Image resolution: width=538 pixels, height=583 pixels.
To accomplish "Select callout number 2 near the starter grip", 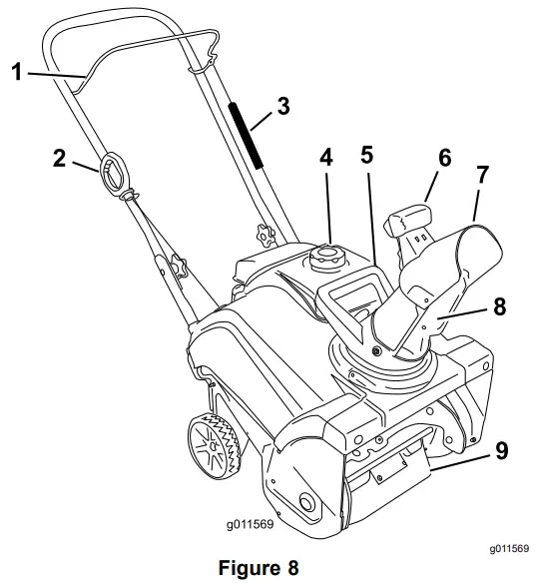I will (x=61, y=159).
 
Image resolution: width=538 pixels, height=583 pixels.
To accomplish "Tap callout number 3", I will (x=284, y=105).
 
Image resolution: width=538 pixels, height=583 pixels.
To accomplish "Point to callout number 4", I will (x=325, y=157).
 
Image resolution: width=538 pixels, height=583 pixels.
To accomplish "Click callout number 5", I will (x=367, y=156).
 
